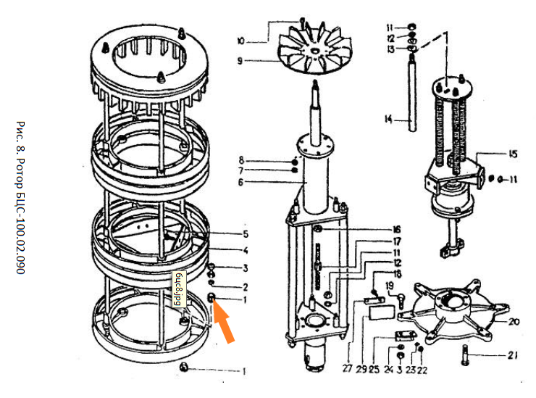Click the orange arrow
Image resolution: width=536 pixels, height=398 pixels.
point(224,322)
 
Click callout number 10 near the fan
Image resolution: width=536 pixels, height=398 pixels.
point(241,39)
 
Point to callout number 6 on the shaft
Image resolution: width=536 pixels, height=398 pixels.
point(241,181)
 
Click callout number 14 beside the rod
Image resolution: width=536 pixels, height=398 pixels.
point(389,120)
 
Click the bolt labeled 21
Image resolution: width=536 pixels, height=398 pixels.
point(464,356)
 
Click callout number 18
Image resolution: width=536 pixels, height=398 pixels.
point(397,274)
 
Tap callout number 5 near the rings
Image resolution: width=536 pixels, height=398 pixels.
point(246,233)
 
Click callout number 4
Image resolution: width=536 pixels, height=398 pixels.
point(246,251)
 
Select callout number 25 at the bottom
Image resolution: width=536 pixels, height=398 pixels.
point(374,368)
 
